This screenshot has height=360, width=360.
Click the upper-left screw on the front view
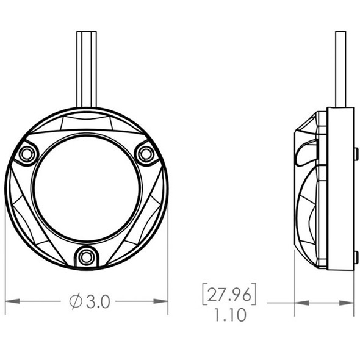click(26, 154)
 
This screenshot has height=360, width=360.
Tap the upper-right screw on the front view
click(145, 154)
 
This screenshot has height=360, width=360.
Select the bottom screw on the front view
click(86, 257)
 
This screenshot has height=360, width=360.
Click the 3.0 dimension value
click(98, 301)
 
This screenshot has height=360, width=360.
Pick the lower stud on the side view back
click(356, 256)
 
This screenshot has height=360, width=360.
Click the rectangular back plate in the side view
click(340, 189)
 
